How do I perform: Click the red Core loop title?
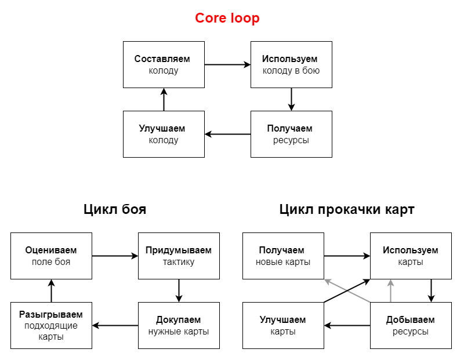[x=227, y=18]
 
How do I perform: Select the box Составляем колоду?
[x=164, y=64]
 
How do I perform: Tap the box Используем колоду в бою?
[x=291, y=64]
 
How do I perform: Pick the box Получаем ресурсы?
[x=291, y=134]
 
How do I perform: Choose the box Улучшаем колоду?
[x=164, y=134]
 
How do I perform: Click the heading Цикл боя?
[x=115, y=209]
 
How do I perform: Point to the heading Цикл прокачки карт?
[x=347, y=209]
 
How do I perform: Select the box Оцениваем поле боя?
[x=51, y=256]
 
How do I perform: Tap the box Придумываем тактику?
[x=179, y=256]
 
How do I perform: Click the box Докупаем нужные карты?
[x=179, y=325]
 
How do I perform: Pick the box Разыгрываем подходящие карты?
[x=51, y=325]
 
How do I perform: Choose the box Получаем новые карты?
[x=283, y=256]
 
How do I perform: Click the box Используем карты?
[x=411, y=256]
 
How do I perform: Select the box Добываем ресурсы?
[x=411, y=325]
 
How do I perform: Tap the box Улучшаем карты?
[x=283, y=325]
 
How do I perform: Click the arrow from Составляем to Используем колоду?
[x=227, y=64]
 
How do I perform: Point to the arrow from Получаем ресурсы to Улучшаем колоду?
[x=227, y=134]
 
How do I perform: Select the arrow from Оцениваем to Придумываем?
[x=115, y=256]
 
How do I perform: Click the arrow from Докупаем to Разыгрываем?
[x=115, y=325]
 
